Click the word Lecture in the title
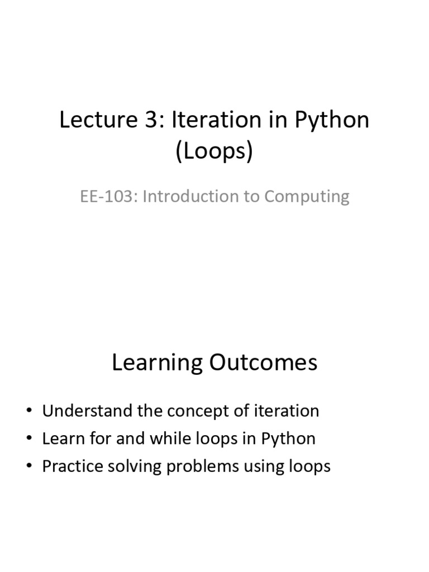(99, 120)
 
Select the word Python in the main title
(332, 121)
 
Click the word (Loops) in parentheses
(214, 151)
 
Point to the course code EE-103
(106, 196)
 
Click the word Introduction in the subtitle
(190, 196)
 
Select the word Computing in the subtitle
(307, 197)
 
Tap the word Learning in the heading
(157, 363)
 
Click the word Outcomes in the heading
(263, 363)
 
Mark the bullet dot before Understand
(30, 411)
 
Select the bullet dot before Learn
(30, 438)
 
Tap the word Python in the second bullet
(288, 440)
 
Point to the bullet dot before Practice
(30, 466)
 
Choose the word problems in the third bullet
(202, 467)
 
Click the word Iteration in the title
(216, 120)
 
